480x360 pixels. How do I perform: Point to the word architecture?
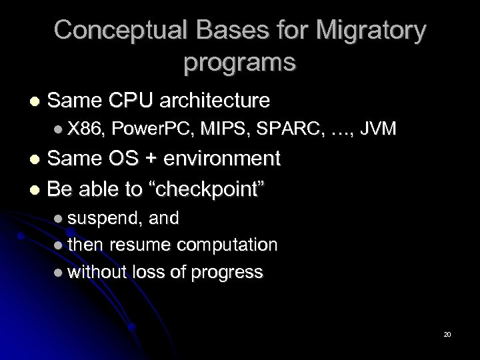213,101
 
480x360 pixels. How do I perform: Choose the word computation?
227,245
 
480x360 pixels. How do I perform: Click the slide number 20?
447,333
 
